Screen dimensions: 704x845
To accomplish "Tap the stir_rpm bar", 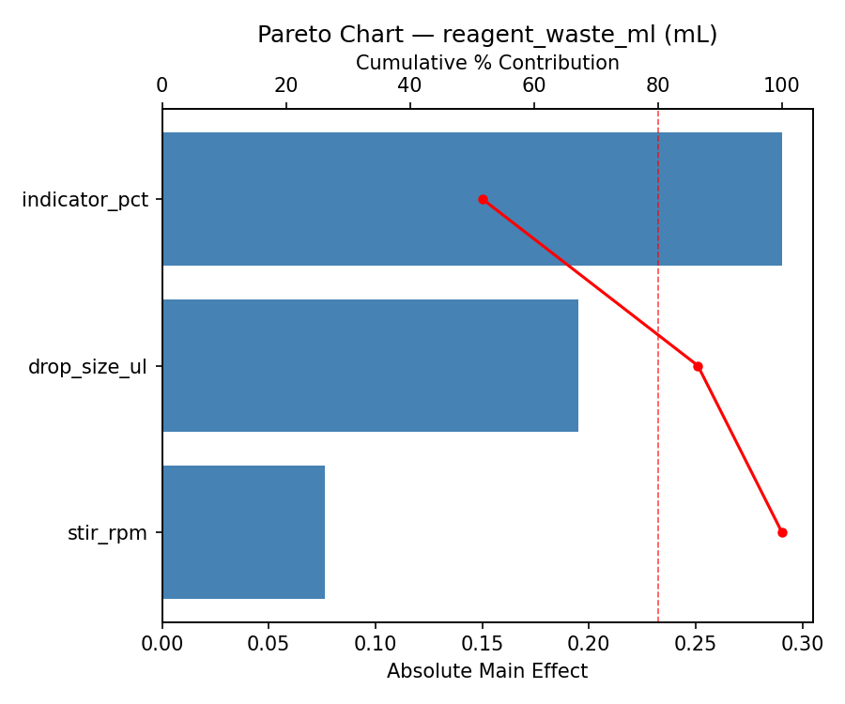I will [243, 532].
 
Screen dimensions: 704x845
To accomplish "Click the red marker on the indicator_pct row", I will [483, 199].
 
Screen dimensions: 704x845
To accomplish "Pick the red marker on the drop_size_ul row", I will [698, 366].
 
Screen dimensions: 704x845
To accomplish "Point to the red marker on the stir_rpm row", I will [782, 532].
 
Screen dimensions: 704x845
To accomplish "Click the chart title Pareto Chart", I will [487, 35].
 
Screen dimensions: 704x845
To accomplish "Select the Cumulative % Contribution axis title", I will [487, 63].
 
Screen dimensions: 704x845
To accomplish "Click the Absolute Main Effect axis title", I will [487, 671].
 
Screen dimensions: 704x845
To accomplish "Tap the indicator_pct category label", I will [84, 200].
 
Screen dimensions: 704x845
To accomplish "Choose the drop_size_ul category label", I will [87, 366].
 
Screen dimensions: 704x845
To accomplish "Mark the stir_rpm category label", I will [107, 533].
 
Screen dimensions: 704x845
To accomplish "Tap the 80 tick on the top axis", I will [657, 85].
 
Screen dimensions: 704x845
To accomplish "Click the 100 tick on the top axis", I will [781, 85].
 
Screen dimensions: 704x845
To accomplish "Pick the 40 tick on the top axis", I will [409, 85].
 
